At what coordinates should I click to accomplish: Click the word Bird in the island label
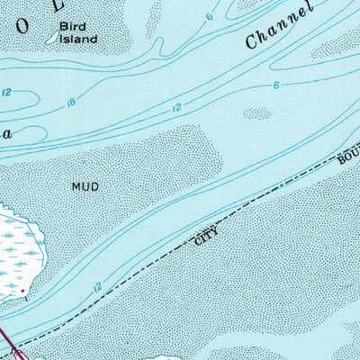[x=71, y=27]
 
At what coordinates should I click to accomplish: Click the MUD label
[x=84, y=186]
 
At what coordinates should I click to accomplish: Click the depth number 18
[x=71, y=104]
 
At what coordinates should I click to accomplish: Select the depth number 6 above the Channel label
[x=209, y=17]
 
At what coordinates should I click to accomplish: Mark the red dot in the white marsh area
[x=23, y=292]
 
